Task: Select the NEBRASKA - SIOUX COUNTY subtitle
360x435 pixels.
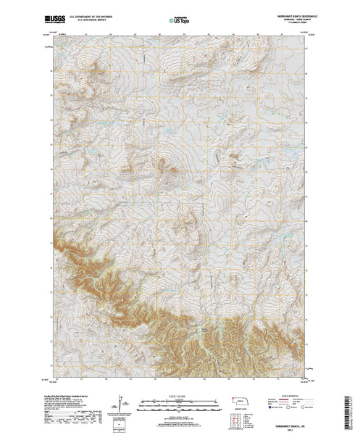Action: pos(275,14)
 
